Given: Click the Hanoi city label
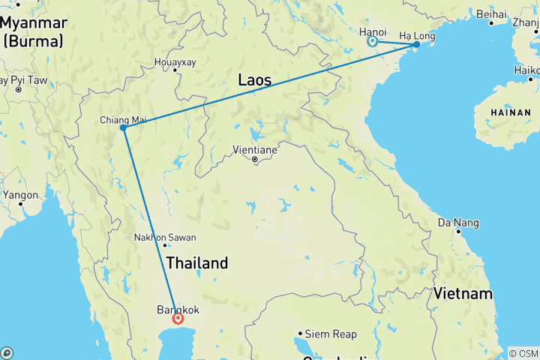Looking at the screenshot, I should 373,32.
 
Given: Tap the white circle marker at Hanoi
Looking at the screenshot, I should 372,42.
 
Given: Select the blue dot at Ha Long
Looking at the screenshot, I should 416,45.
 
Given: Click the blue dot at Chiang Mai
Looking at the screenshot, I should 122,127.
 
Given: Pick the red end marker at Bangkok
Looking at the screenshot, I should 178,319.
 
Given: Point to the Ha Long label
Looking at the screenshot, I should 416,35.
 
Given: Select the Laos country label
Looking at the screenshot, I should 254,79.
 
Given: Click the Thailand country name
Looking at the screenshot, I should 196,263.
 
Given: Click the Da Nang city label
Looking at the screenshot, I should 458,223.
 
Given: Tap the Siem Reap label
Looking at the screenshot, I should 327,334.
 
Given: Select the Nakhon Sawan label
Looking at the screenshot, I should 164,238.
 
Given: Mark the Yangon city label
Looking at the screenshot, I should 20,195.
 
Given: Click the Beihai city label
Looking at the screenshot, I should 491,13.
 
